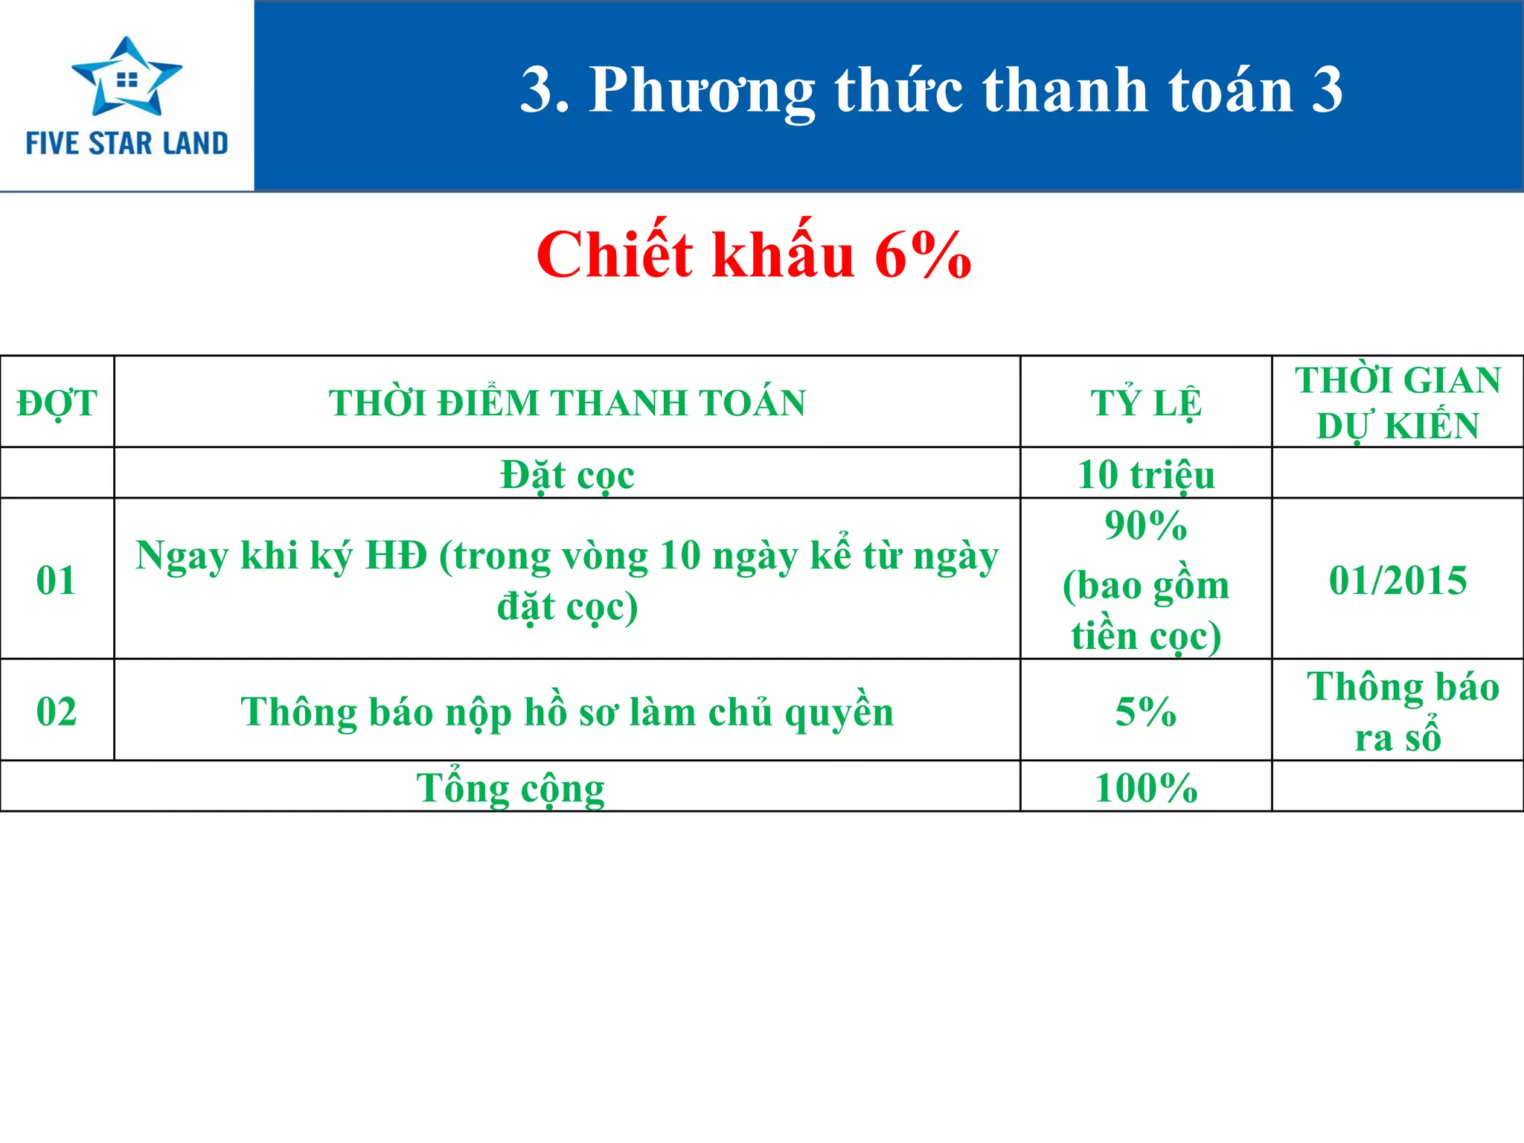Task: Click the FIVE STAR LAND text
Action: tap(127, 143)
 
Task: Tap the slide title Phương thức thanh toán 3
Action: tap(931, 91)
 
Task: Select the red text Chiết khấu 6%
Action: tap(753, 255)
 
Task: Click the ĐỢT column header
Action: tap(57, 403)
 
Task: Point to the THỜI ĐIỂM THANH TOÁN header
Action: tap(567, 403)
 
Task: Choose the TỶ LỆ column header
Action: tap(1145, 403)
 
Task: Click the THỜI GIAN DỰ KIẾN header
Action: tap(1397, 403)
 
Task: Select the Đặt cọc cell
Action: tap(567, 474)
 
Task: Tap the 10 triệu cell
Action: tap(1145, 474)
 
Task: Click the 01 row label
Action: tap(57, 580)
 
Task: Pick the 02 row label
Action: tap(57, 711)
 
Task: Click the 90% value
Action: tap(1145, 525)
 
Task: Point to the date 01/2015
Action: tap(1397, 580)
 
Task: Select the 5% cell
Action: tap(1145, 711)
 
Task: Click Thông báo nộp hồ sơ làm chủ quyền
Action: tap(567, 712)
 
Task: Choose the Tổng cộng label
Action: tap(510, 788)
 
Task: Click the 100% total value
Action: tap(1145, 788)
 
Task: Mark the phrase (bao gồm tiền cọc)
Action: tap(1145, 611)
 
